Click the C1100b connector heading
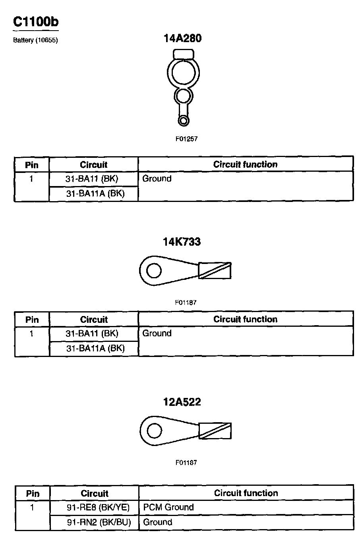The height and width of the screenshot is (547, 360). pyautogui.click(x=36, y=22)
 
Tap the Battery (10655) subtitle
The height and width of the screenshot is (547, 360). pyautogui.click(x=35, y=40)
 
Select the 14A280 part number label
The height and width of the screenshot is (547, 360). pyautogui.click(x=182, y=38)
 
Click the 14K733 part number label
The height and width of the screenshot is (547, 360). pyautogui.click(x=182, y=242)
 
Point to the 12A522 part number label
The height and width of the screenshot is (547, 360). pyautogui.click(x=182, y=402)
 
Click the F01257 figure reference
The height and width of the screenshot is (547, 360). pyautogui.click(x=186, y=139)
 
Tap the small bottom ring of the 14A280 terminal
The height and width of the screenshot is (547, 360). pyautogui.click(x=183, y=120)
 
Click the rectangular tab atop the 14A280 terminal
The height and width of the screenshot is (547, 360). pyautogui.click(x=183, y=54)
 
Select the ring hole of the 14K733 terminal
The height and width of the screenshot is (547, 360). pyautogui.click(x=154, y=271)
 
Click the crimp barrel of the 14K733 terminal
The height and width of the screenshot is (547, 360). pyautogui.click(x=215, y=270)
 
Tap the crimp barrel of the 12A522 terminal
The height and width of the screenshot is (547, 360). pyautogui.click(x=215, y=431)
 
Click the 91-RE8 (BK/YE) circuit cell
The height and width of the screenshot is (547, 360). pyautogui.click(x=95, y=507)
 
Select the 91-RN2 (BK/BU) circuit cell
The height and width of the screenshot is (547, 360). pyautogui.click(x=95, y=522)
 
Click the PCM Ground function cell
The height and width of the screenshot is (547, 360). pyautogui.click(x=168, y=507)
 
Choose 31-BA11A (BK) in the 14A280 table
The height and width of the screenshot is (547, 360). pyautogui.click(x=94, y=194)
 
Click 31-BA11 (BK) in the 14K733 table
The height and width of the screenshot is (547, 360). pyautogui.click(x=94, y=334)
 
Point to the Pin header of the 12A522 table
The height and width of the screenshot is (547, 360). pyautogui.click(x=33, y=494)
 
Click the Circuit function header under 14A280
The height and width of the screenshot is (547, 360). pyautogui.click(x=245, y=164)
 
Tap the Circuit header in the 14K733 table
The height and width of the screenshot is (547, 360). pyautogui.click(x=94, y=320)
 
